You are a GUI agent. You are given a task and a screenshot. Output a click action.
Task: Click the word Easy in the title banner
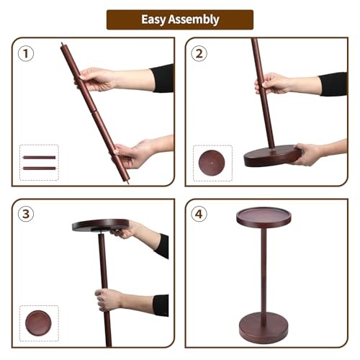tap(153, 19)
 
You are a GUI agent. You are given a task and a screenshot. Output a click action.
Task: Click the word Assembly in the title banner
tap(194, 19)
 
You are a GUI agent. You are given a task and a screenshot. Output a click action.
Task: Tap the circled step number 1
tap(26, 53)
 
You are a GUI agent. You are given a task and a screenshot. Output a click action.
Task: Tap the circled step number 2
tap(199, 53)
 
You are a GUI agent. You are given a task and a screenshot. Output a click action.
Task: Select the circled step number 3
tap(26, 214)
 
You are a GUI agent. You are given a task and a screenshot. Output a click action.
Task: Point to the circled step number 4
tap(199, 214)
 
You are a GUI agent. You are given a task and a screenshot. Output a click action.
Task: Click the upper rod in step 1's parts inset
tap(39, 158)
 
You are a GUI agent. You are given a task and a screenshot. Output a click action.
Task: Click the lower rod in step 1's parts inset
tap(39, 168)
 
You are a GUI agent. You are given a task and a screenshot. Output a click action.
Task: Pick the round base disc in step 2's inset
tap(212, 163)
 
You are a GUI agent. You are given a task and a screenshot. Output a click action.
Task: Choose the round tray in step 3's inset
tap(38, 323)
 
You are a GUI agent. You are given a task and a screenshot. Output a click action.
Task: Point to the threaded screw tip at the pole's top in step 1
tap(63, 44)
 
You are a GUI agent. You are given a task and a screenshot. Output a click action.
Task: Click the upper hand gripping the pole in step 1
tap(96, 79)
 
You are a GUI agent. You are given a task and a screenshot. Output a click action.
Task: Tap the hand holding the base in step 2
tap(307, 154)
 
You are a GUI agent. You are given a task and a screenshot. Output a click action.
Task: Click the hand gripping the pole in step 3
tap(108, 300)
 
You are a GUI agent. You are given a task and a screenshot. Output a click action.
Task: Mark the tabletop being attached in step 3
tap(101, 225)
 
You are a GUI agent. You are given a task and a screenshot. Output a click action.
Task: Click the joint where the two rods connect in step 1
tap(94, 112)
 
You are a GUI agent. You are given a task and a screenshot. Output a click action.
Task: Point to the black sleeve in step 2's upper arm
tap(333, 84)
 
